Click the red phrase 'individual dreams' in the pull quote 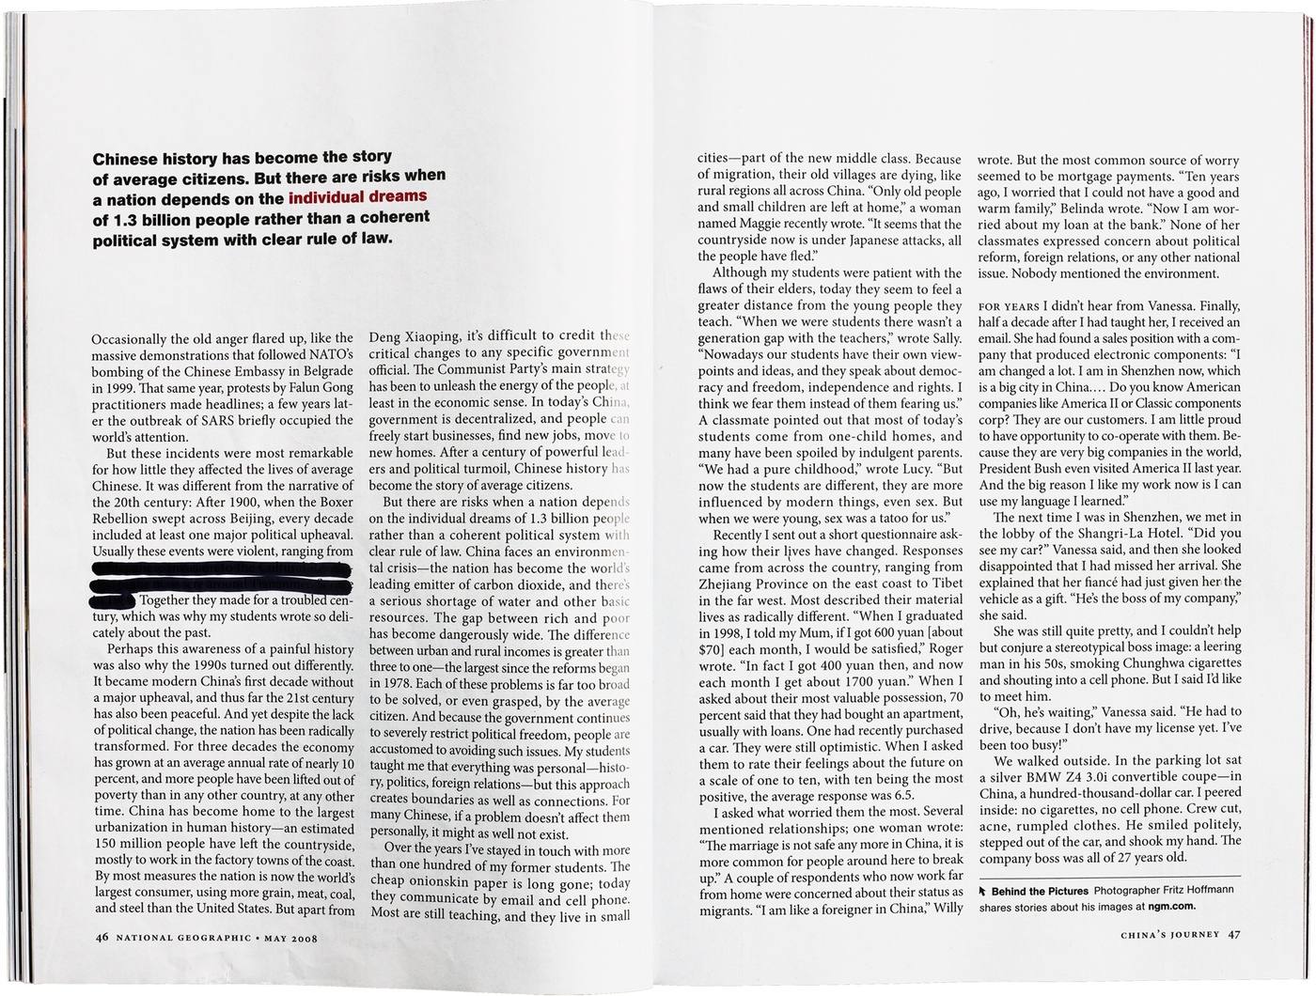(357, 197)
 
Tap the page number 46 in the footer (102, 938)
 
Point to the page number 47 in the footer (1234, 934)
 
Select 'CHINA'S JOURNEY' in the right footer (1169, 934)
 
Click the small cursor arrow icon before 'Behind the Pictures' (983, 891)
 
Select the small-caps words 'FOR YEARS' (1009, 306)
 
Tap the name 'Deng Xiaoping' (414, 336)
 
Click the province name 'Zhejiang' (727, 584)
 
